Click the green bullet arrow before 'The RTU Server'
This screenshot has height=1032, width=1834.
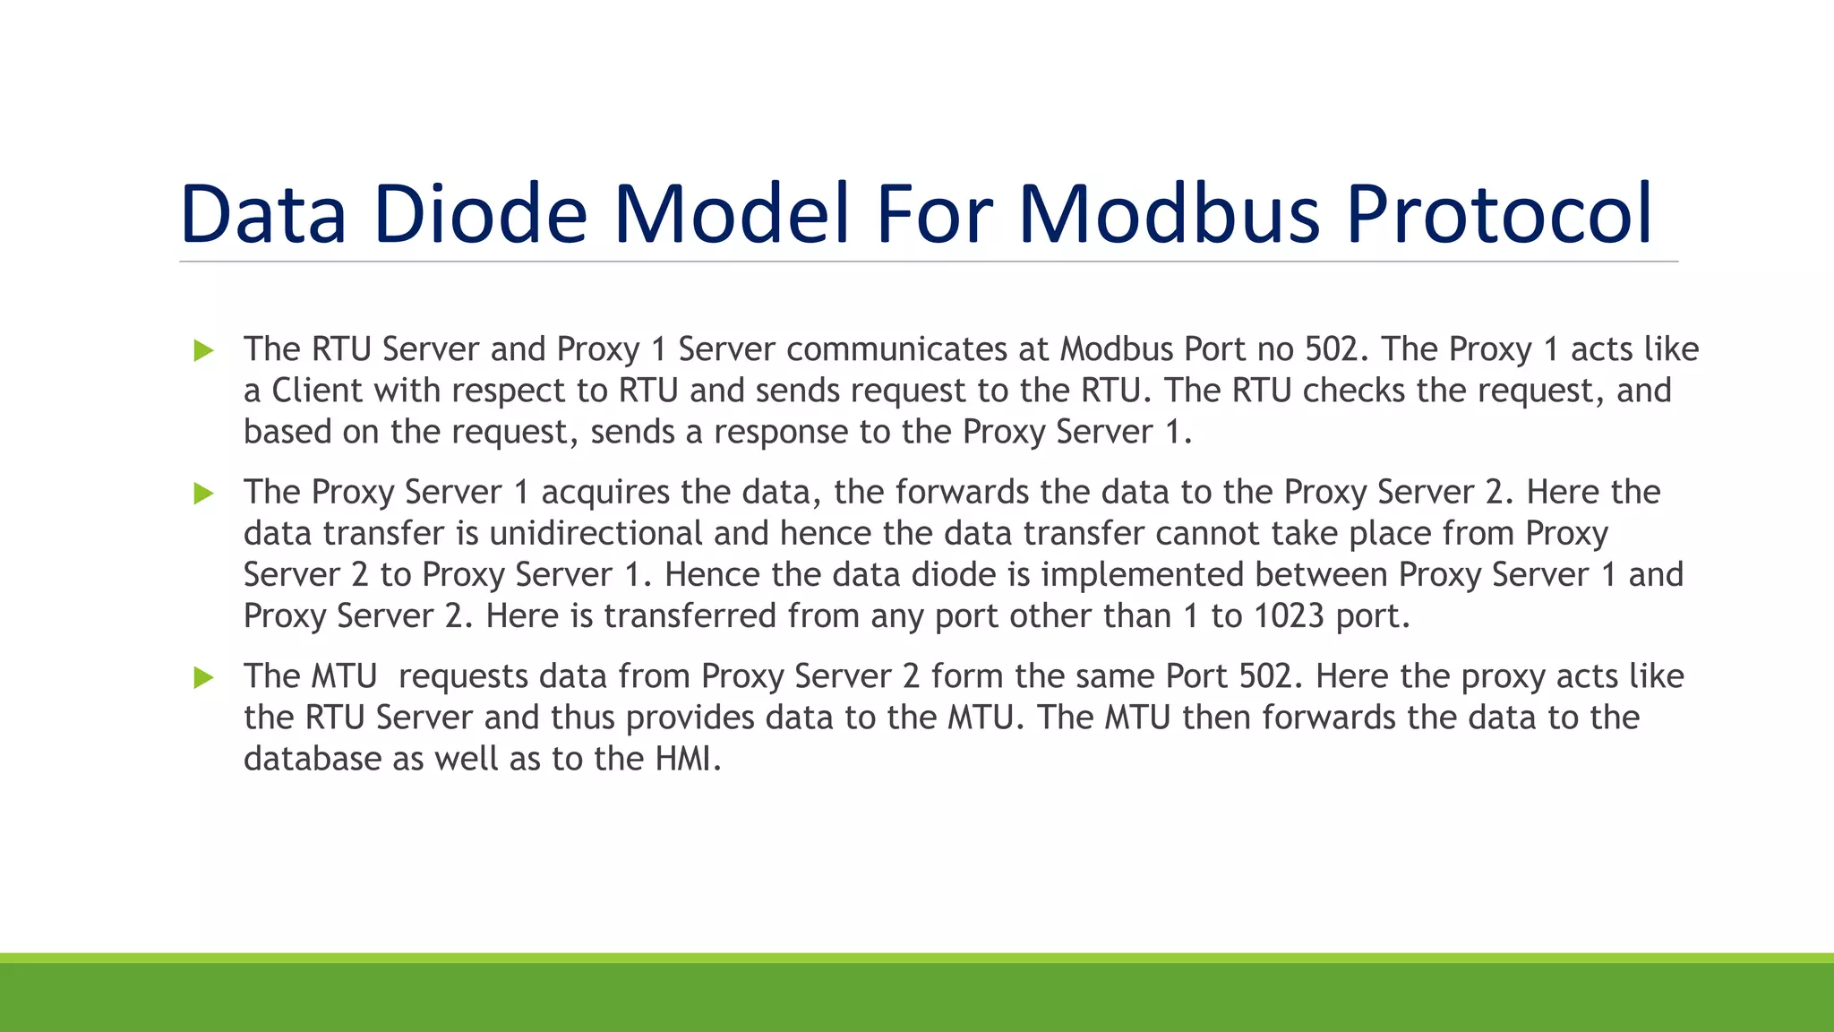pos(203,350)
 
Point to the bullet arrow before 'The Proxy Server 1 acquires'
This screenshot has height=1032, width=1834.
pos(203,493)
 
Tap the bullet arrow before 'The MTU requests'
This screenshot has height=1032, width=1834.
pos(203,677)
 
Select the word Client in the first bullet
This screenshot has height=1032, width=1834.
pos(317,391)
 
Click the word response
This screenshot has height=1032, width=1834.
pos(780,432)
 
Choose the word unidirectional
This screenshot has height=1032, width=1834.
pos(596,533)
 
